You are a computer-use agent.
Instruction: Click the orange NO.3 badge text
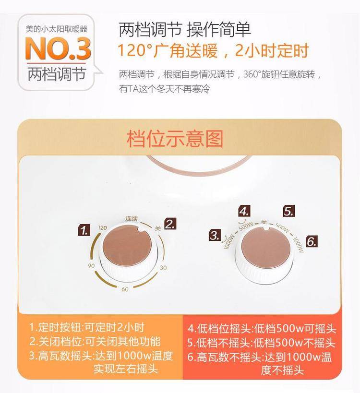(58, 48)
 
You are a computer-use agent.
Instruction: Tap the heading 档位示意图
(175, 139)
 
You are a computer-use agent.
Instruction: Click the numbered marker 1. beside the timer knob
(84, 230)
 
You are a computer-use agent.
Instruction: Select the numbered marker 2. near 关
(170, 224)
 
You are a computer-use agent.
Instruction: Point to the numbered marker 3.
(215, 235)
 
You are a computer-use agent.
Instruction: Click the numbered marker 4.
(244, 211)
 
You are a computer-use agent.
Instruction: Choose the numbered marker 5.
(288, 211)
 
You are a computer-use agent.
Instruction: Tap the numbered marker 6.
(312, 241)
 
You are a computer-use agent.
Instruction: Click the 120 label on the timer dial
(102, 227)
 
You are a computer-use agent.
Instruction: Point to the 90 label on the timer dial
(91, 266)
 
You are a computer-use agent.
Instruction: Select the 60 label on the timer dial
(125, 289)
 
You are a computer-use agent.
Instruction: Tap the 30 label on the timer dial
(163, 268)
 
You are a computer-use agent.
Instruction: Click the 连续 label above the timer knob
(132, 218)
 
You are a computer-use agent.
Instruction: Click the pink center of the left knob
(127, 245)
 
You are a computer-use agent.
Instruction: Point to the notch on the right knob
(266, 228)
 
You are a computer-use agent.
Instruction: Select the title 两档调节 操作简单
(184, 29)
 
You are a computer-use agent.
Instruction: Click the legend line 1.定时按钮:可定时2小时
(87, 327)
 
